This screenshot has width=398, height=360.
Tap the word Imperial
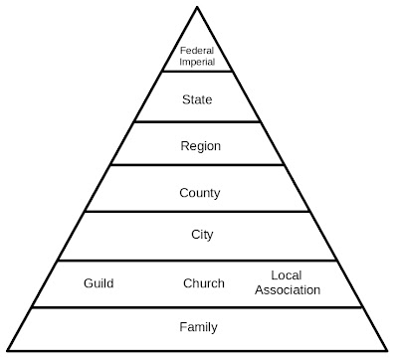(199, 61)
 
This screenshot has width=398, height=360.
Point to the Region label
(200, 146)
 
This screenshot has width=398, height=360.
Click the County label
(200, 192)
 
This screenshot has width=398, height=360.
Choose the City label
(201, 236)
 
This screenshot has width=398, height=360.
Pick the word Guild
(99, 283)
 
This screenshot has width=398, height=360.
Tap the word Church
(203, 283)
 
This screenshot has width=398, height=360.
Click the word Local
(288, 275)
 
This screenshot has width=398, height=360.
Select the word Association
(288, 290)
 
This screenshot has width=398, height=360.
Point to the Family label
(199, 326)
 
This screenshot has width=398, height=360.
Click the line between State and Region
(199, 122)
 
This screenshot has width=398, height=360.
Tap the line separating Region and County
(199, 166)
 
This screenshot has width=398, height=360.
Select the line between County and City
(199, 211)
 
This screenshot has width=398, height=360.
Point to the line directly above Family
(199, 307)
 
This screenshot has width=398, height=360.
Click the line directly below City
(199, 262)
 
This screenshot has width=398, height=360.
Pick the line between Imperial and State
(199, 72)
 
